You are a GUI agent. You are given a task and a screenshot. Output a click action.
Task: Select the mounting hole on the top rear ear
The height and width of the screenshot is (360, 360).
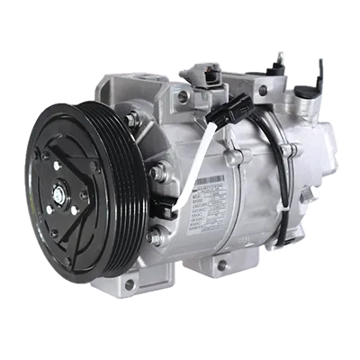click(x=264, y=91)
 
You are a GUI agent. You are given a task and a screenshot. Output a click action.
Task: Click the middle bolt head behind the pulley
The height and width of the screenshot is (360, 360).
click(x=157, y=170)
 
